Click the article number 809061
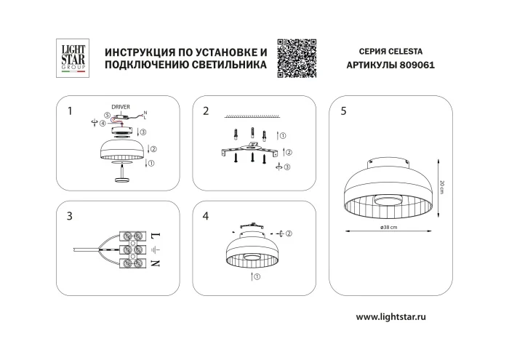click(416, 65)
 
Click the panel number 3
click(69, 216)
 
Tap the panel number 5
click(342, 111)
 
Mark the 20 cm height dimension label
click(442, 187)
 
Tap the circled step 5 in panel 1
click(107, 115)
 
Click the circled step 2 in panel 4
click(288, 233)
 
